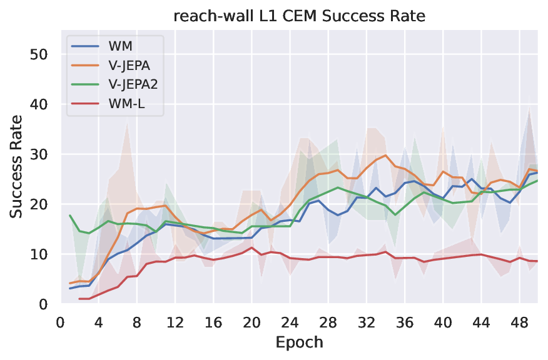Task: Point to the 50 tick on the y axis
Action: pyautogui.click(x=39, y=54)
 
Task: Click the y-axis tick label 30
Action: pyautogui.click(x=39, y=154)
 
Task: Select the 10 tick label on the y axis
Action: pyautogui.click(x=39, y=254)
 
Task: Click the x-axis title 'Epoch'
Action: pyautogui.click(x=299, y=342)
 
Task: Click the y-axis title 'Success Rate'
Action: pyautogui.click(x=17, y=166)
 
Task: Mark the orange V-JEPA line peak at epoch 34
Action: pyautogui.click(x=385, y=156)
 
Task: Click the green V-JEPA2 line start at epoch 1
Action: pyautogui.click(x=70, y=215)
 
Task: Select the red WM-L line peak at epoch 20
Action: pyautogui.click(x=251, y=247)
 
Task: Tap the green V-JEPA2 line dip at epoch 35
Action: pyautogui.click(x=395, y=215)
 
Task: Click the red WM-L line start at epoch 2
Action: pyautogui.click(x=79, y=299)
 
